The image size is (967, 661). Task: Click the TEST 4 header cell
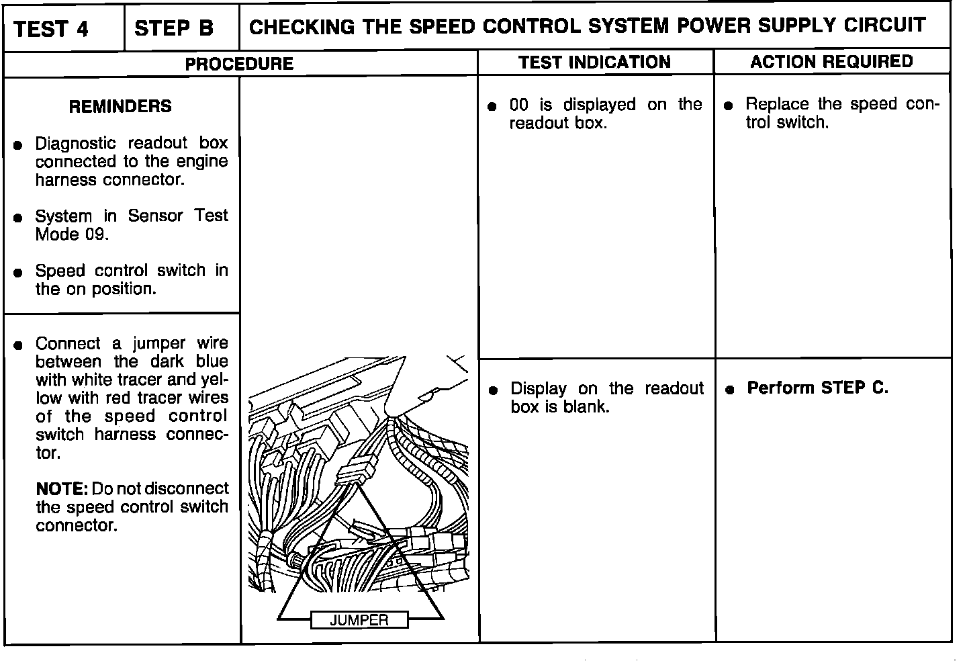51,29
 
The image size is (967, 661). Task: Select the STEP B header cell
174,28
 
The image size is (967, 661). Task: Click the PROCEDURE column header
239,64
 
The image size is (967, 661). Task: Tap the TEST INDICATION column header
594,62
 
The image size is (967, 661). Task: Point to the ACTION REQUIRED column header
831,62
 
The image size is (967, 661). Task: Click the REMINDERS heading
120,106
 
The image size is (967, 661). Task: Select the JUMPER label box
359,620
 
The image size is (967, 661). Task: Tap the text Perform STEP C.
817,388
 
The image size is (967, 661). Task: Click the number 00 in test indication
519,105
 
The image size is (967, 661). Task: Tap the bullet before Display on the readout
494,390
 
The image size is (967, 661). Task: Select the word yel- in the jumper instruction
215,380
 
